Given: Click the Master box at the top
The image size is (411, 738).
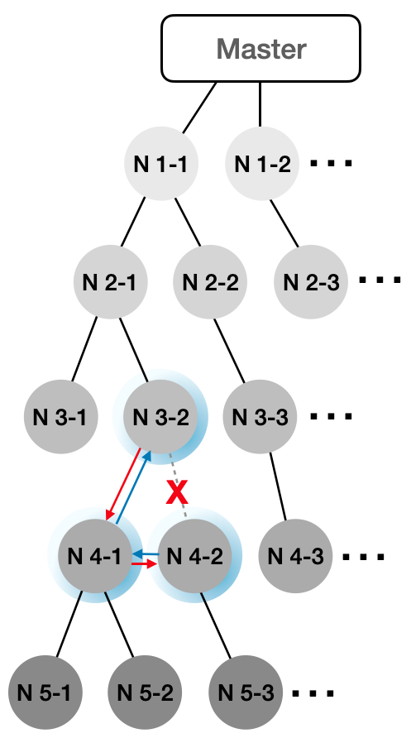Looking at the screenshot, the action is [261, 49].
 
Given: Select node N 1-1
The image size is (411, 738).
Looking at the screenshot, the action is [161, 164].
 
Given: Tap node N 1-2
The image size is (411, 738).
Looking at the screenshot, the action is [262, 164].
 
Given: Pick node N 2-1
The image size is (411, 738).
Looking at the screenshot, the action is [111, 282].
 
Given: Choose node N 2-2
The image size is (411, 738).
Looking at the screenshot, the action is [210, 282].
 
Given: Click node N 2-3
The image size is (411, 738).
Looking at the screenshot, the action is [311, 282].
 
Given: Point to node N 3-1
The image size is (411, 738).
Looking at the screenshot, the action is [60, 416].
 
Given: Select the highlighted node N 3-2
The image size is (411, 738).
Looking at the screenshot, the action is [160, 416].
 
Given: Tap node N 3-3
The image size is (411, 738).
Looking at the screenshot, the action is [260, 416].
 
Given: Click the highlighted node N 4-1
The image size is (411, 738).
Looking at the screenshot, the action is [95, 556].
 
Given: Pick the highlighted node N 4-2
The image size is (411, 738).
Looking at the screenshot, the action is [194, 556].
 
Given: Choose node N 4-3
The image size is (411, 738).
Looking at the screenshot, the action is [295, 556].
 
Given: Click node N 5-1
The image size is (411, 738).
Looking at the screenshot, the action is [45, 692].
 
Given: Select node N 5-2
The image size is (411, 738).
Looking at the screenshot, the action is [145, 692].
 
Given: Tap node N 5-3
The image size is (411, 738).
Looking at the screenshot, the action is [246, 692].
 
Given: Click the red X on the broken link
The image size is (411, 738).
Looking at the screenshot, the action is [177, 492].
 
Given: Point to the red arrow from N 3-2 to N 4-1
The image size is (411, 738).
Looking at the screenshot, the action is [124, 485].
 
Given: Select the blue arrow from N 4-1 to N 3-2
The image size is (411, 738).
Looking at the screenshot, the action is [133, 487].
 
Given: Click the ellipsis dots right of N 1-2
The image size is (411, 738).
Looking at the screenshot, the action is [331, 164].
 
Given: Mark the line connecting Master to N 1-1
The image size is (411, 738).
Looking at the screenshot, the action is [199, 108].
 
